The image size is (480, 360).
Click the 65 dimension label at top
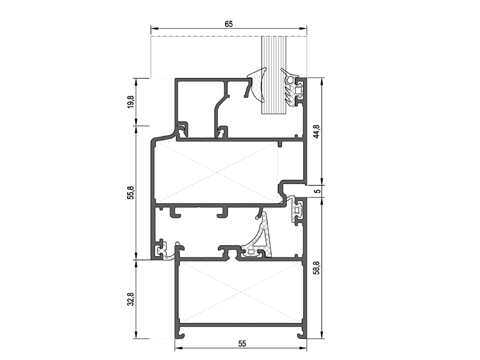tap(229, 24)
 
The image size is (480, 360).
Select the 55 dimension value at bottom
tap(242, 344)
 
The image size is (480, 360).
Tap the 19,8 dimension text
tap(131, 101)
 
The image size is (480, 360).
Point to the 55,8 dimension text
tap(131, 193)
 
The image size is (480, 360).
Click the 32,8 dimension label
tap(131, 299)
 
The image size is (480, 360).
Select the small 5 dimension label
tap(318, 191)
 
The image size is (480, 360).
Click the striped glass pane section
tap(274, 76)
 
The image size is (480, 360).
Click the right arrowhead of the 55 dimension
tap(304, 348)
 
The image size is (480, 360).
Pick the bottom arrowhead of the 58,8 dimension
tap(322, 335)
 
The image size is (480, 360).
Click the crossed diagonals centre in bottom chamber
tap(240, 292)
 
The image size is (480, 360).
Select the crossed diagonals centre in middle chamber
tap(217, 172)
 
